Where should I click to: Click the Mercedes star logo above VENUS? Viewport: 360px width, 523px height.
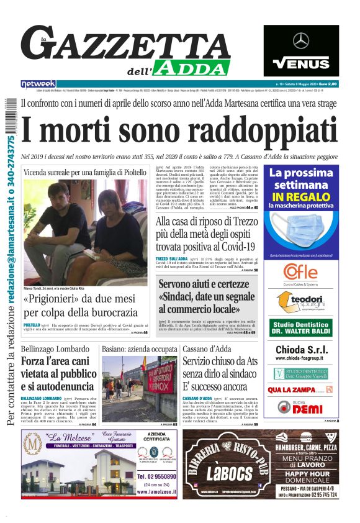pos(301,41)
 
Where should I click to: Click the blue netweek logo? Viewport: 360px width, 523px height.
pos(38,83)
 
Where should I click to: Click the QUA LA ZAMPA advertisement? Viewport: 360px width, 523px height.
pos(292,389)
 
